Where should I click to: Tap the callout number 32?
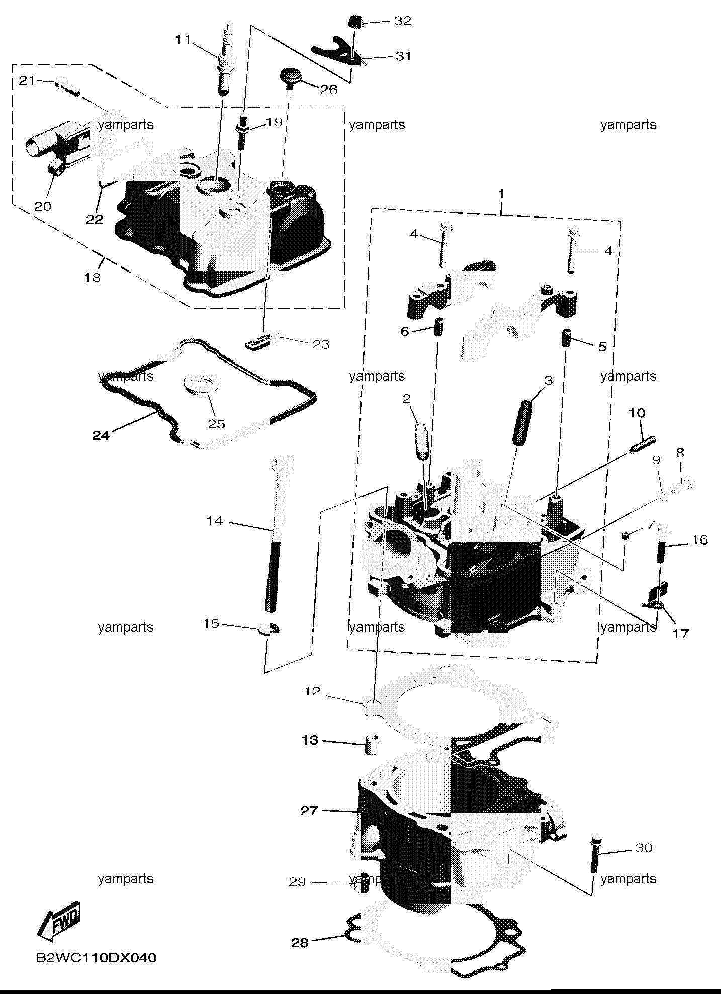pos(403,21)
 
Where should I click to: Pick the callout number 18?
pos(93,277)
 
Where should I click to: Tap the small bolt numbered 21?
pos(68,86)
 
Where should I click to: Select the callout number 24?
pos(101,435)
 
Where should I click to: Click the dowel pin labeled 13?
pos(372,744)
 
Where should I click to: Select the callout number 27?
pos(309,811)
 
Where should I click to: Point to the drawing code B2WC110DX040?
pos(96,958)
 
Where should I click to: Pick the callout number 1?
pos(501,194)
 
